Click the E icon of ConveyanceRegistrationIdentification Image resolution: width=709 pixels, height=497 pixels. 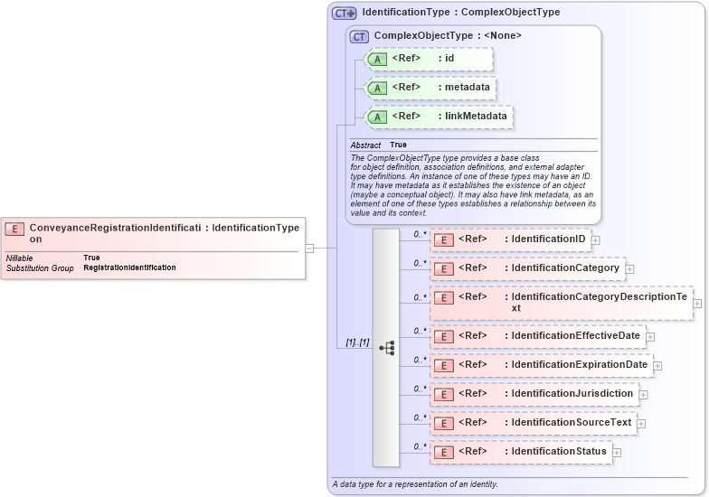point(15,229)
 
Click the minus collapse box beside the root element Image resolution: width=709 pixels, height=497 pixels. point(309,248)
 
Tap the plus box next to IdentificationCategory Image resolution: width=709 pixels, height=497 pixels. point(629,268)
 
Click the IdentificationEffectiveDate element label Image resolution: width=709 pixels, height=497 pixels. point(575,335)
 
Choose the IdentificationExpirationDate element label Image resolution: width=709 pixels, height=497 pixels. point(579,364)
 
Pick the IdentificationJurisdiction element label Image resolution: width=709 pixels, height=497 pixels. point(572,393)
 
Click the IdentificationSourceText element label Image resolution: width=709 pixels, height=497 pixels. point(571,422)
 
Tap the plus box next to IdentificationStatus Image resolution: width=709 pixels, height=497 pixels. point(617,452)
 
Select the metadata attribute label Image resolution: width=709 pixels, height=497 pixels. point(468,88)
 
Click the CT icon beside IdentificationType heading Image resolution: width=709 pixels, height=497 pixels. point(344,13)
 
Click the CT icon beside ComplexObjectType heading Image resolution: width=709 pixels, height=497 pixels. point(359,36)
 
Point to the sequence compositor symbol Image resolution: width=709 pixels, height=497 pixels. point(386,347)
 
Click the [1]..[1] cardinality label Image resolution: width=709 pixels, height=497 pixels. point(357,342)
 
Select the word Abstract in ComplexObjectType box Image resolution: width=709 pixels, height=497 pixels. point(365,145)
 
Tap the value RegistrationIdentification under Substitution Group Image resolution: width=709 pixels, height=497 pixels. point(129,267)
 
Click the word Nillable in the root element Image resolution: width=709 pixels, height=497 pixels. point(20,258)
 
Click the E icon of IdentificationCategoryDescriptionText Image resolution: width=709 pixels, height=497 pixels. point(444,297)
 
